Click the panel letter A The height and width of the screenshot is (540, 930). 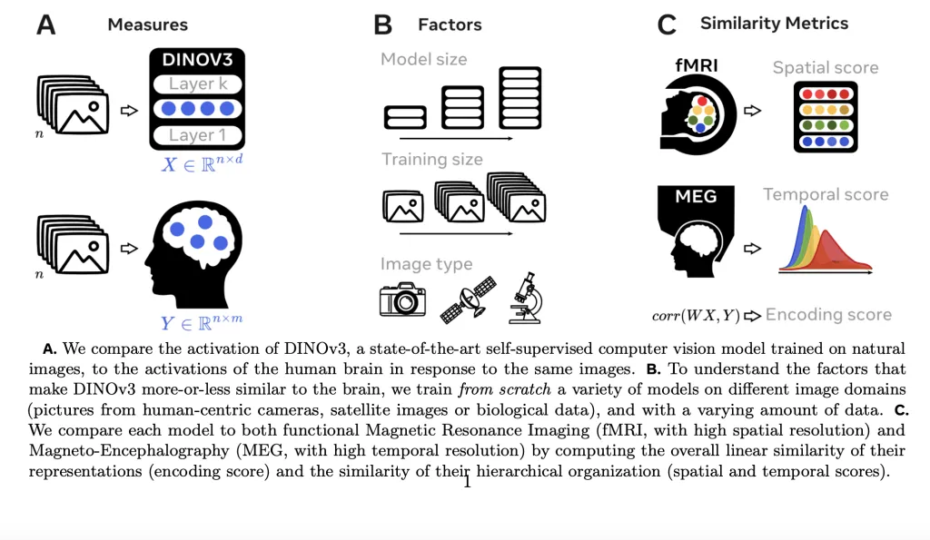coord(45,25)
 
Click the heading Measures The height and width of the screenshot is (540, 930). coord(148,25)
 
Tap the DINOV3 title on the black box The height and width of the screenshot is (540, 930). coord(196,61)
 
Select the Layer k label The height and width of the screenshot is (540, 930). coord(196,84)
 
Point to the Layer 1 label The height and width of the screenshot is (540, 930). coord(196,135)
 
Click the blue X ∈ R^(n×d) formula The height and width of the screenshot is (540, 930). coord(196,164)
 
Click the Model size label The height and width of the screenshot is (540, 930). coord(423,60)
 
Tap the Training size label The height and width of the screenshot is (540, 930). coord(431,160)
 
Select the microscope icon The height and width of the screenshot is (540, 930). coord(527,298)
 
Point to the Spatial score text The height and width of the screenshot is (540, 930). coord(826,68)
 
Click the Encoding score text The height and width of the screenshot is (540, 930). coord(828,315)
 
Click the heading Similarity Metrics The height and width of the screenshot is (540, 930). coord(774,24)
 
